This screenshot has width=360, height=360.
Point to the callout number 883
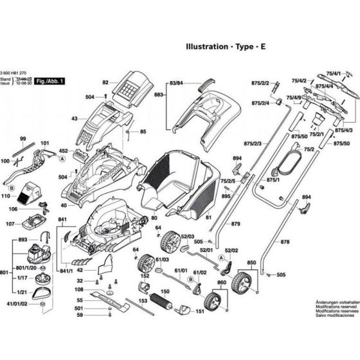tap(158, 94)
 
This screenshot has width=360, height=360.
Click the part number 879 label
tap(236, 223)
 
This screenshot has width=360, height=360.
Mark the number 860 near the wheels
tap(222, 283)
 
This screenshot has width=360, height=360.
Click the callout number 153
tap(143, 301)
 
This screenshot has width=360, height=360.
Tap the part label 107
tap(10, 224)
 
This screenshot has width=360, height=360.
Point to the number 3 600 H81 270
tap(18, 73)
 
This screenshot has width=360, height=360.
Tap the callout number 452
tap(64, 152)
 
